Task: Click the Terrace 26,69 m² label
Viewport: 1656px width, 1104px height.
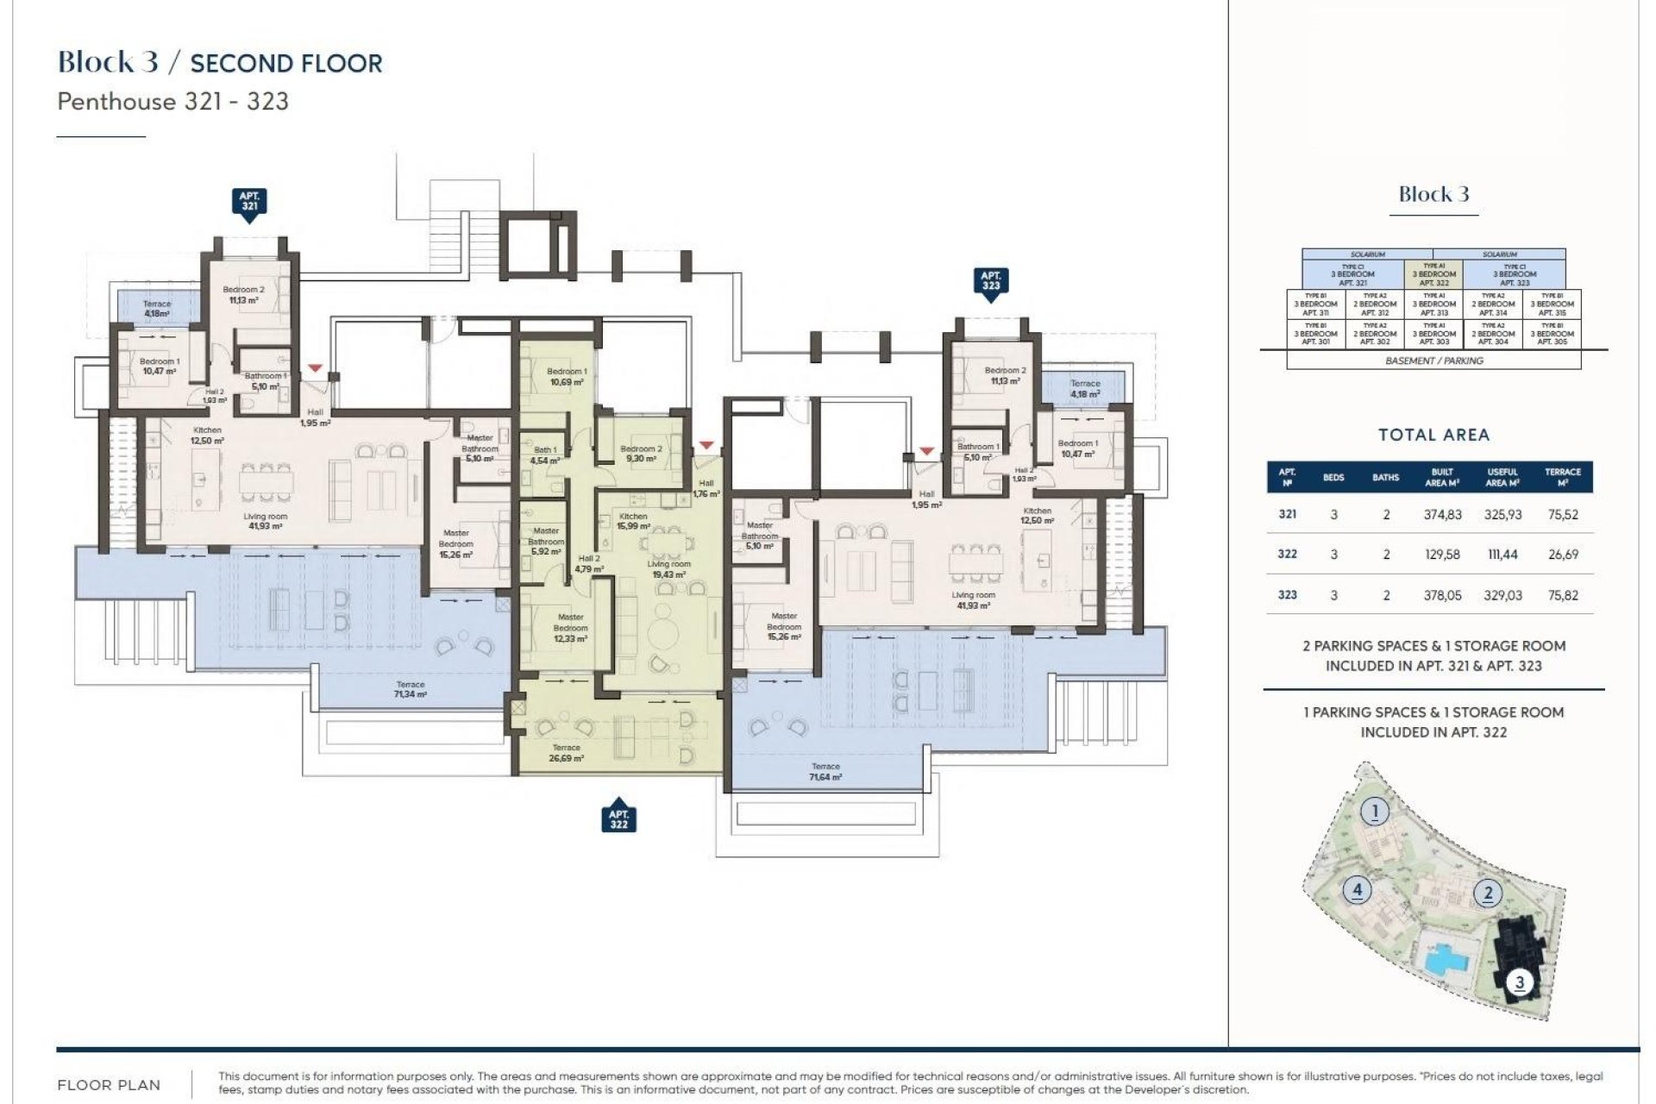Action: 566,753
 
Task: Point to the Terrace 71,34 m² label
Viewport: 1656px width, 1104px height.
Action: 410,689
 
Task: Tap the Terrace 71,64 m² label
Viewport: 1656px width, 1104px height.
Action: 825,771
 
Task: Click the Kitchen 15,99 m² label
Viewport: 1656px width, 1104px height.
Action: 633,521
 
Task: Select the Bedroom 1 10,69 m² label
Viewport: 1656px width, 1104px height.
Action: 567,376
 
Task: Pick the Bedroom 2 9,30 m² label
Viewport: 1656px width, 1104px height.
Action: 641,454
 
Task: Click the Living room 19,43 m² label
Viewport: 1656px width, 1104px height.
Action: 668,569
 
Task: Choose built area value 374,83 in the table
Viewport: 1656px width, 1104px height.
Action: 1442,515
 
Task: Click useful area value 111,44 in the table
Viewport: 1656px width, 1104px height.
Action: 1502,555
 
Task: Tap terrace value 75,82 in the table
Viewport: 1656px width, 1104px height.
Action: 1562,595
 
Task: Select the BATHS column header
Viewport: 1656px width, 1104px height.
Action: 1385,478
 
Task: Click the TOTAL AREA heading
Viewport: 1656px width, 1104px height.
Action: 1433,436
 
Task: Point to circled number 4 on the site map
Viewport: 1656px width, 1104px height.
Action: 1358,889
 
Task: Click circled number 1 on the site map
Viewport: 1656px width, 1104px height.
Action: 1375,812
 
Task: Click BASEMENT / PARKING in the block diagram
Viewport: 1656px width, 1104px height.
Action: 1433,361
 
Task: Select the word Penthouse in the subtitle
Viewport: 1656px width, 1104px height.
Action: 116,102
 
